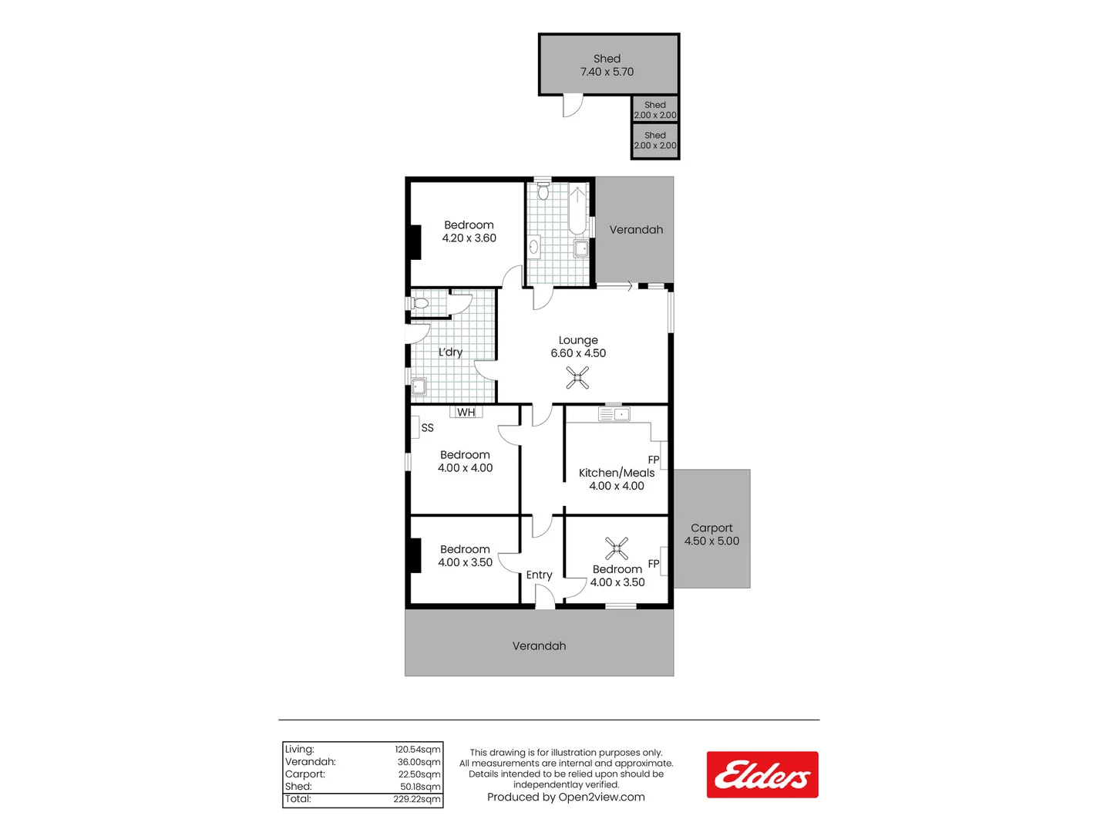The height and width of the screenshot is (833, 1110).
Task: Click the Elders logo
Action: pyautogui.click(x=762, y=774)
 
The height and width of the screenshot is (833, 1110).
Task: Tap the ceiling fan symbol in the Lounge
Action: pyautogui.click(x=577, y=377)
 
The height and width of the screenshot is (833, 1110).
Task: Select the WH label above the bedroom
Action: pyautogui.click(x=466, y=413)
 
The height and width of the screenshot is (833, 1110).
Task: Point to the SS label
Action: pyautogui.click(x=427, y=427)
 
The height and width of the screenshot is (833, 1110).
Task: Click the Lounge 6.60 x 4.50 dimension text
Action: pyautogui.click(x=578, y=353)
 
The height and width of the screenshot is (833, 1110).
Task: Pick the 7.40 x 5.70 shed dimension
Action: pyautogui.click(x=607, y=72)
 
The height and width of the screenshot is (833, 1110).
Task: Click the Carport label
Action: pyautogui.click(x=711, y=528)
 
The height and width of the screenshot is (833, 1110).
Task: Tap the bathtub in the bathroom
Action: pyautogui.click(x=577, y=209)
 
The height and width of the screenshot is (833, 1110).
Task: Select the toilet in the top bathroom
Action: pyautogui.click(x=543, y=191)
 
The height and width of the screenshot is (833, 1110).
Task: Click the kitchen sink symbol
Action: pyautogui.click(x=614, y=415)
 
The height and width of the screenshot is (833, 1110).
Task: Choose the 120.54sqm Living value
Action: pyautogui.click(x=418, y=749)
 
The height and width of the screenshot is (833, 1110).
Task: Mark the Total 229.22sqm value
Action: pyautogui.click(x=417, y=799)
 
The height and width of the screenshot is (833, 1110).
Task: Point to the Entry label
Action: pyautogui.click(x=539, y=575)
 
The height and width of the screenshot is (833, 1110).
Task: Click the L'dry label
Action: pyautogui.click(x=450, y=352)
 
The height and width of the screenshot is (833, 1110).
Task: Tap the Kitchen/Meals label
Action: pyautogui.click(x=617, y=473)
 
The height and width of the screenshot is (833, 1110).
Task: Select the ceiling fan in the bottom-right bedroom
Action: pyautogui.click(x=617, y=548)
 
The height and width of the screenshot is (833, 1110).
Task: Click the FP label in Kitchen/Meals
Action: pyautogui.click(x=654, y=460)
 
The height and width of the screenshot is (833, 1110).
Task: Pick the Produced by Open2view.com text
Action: pyautogui.click(x=566, y=797)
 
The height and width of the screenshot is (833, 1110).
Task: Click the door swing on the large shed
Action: pyautogui.click(x=572, y=106)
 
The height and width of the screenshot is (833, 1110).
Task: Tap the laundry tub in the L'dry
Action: pyautogui.click(x=419, y=386)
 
